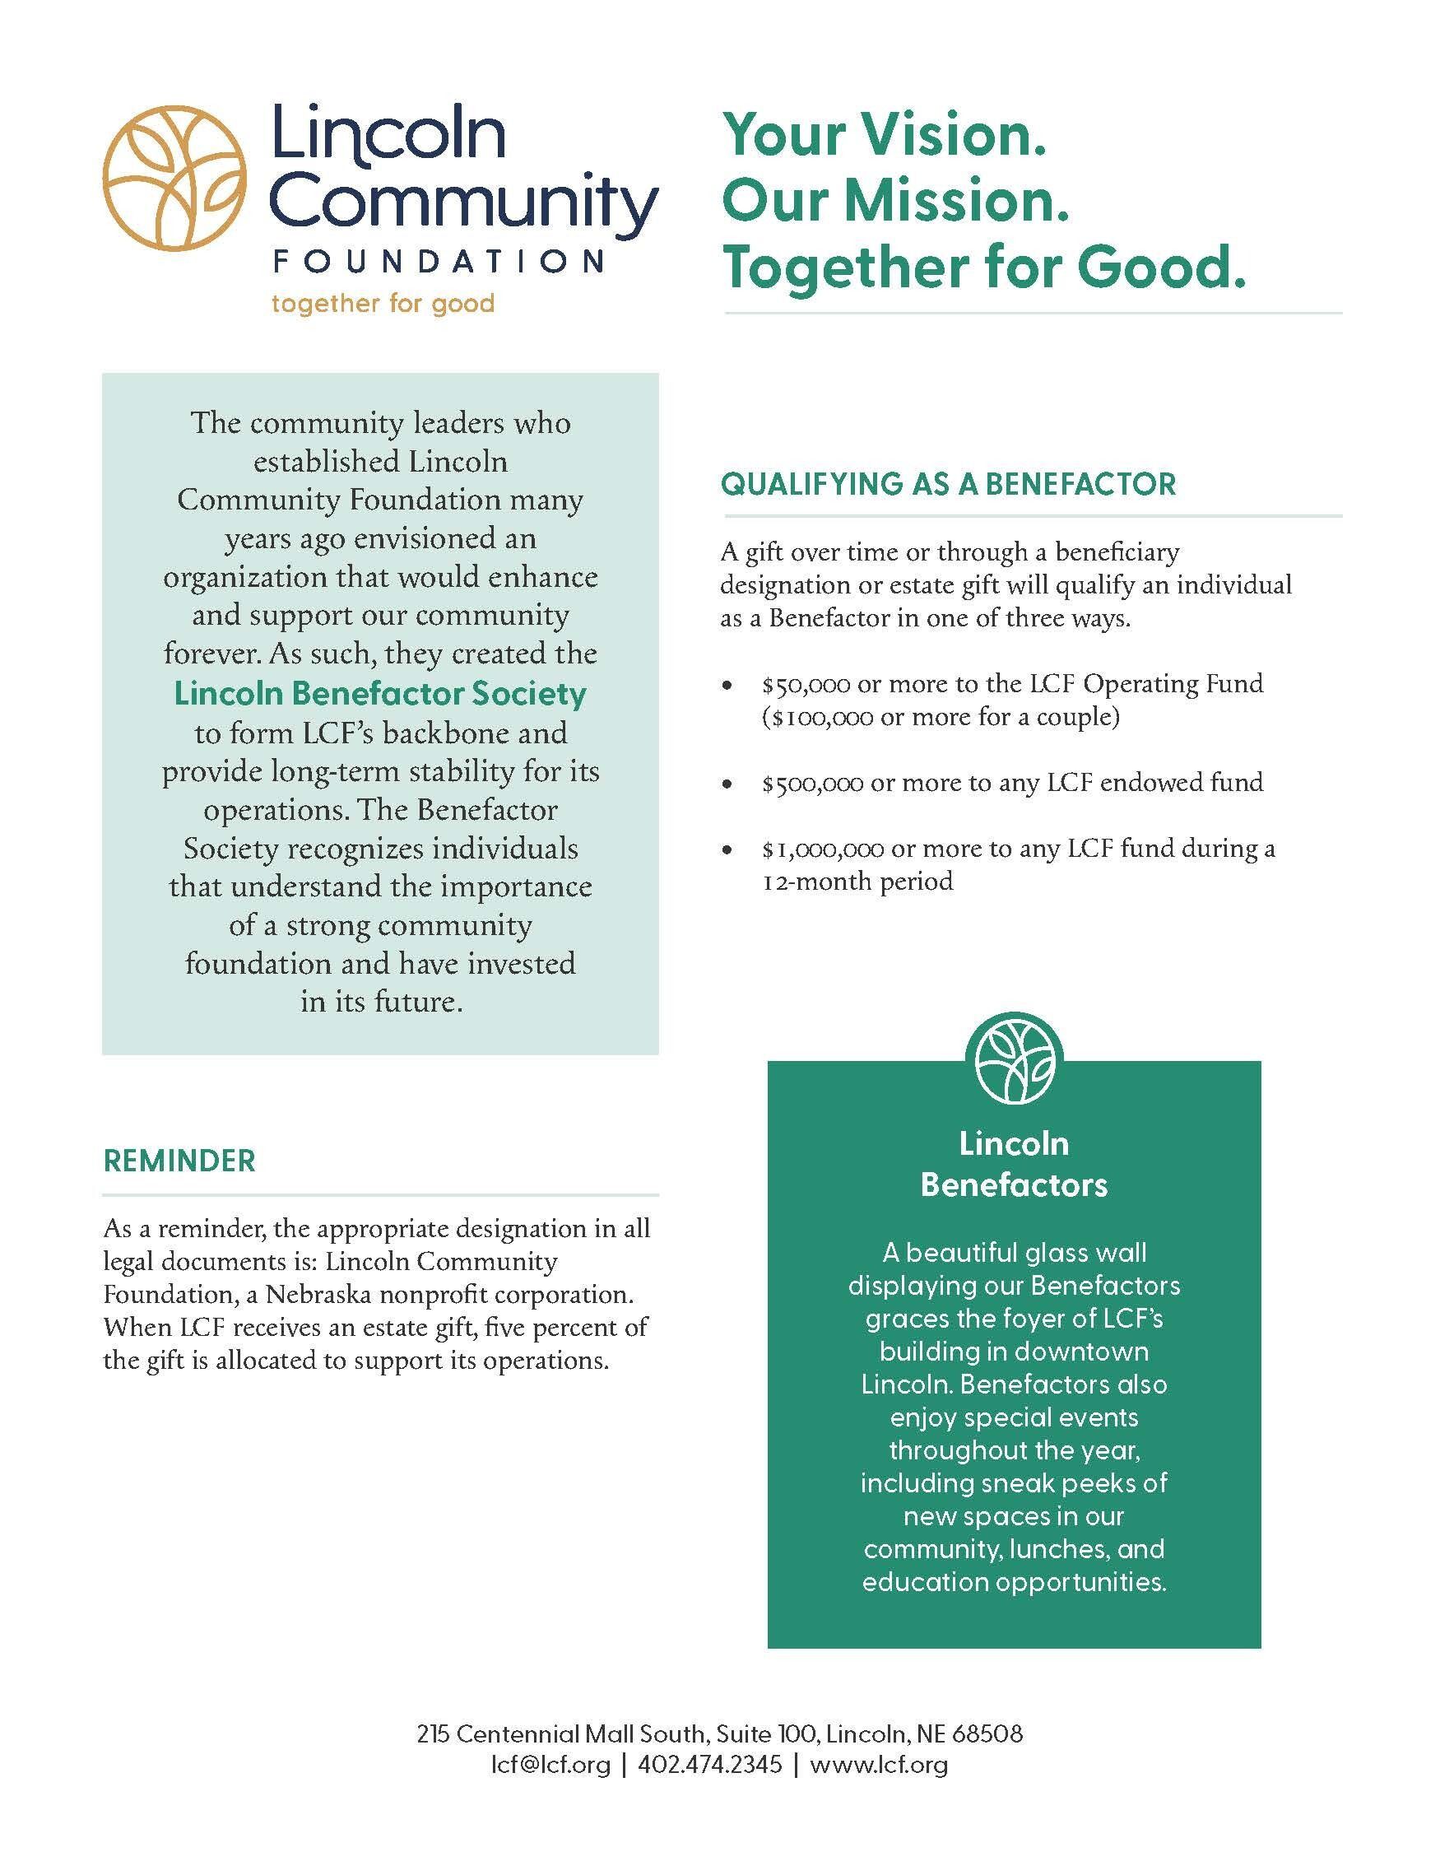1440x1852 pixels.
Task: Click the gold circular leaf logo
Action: click(x=174, y=174)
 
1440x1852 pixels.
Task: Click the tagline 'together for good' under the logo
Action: click(x=383, y=303)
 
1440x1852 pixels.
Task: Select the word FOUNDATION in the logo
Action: click(x=437, y=261)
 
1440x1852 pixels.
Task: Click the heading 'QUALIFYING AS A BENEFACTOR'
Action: click(x=948, y=484)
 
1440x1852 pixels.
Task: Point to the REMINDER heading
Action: click(x=179, y=1161)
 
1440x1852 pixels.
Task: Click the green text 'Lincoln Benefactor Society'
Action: click(x=379, y=694)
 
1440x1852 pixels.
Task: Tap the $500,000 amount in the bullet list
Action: click(x=811, y=783)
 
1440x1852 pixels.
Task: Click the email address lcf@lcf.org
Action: click(x=551, y=1766)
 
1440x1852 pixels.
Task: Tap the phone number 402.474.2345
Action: click(x=709, y=1766)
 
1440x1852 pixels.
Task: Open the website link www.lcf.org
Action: click(x=878, y=1766)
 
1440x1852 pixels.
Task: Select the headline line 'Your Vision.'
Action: click(x=883, y=137)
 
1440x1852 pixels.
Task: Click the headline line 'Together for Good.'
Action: click(x=983, y=268)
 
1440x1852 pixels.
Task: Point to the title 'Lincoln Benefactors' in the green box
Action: click(x=1014, y=1163)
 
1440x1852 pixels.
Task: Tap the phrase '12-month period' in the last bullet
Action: click(x=857, y=882)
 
